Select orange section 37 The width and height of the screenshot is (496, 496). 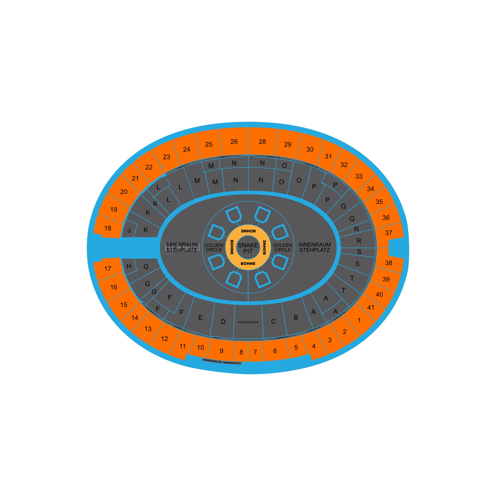[388, 233]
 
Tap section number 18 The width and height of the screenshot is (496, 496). [108, 228]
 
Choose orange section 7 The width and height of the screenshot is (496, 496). [255, 352]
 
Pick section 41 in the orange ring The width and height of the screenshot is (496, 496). [371, 307]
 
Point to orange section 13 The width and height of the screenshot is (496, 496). [148, 329]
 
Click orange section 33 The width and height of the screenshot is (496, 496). [359, 176]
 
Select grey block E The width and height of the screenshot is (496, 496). [200, 318]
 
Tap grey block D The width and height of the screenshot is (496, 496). [223, 321]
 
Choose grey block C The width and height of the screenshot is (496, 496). [273, 321]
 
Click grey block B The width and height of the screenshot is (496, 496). [296, 318]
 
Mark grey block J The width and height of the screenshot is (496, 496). [129, 230]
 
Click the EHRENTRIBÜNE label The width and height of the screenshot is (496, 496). [248, 322]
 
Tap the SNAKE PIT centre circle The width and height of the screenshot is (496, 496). [248, 248]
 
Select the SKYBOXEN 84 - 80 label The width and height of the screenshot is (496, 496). [212, 361]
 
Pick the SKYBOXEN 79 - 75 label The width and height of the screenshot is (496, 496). [232, 363]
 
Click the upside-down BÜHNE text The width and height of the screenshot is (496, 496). [248, 231]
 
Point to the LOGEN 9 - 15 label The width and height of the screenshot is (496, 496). [225, 156]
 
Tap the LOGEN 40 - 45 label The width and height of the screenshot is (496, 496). [282, 338]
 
